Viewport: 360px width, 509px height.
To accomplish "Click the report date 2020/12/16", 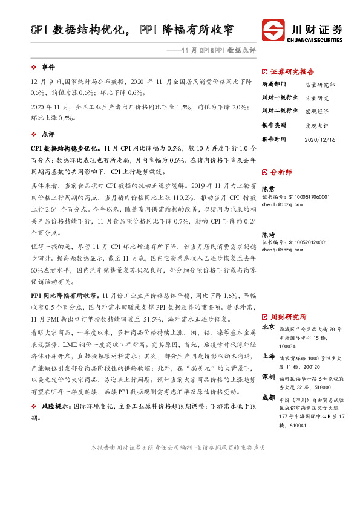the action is [x=321, y=138].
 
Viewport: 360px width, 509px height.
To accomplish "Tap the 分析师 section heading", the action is [x=281, y=172].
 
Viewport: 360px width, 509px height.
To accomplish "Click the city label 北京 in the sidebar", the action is [x=268, y=328].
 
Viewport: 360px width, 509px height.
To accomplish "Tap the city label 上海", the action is [x=268, y=357].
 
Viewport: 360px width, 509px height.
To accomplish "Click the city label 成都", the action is [x=268, y=398].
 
